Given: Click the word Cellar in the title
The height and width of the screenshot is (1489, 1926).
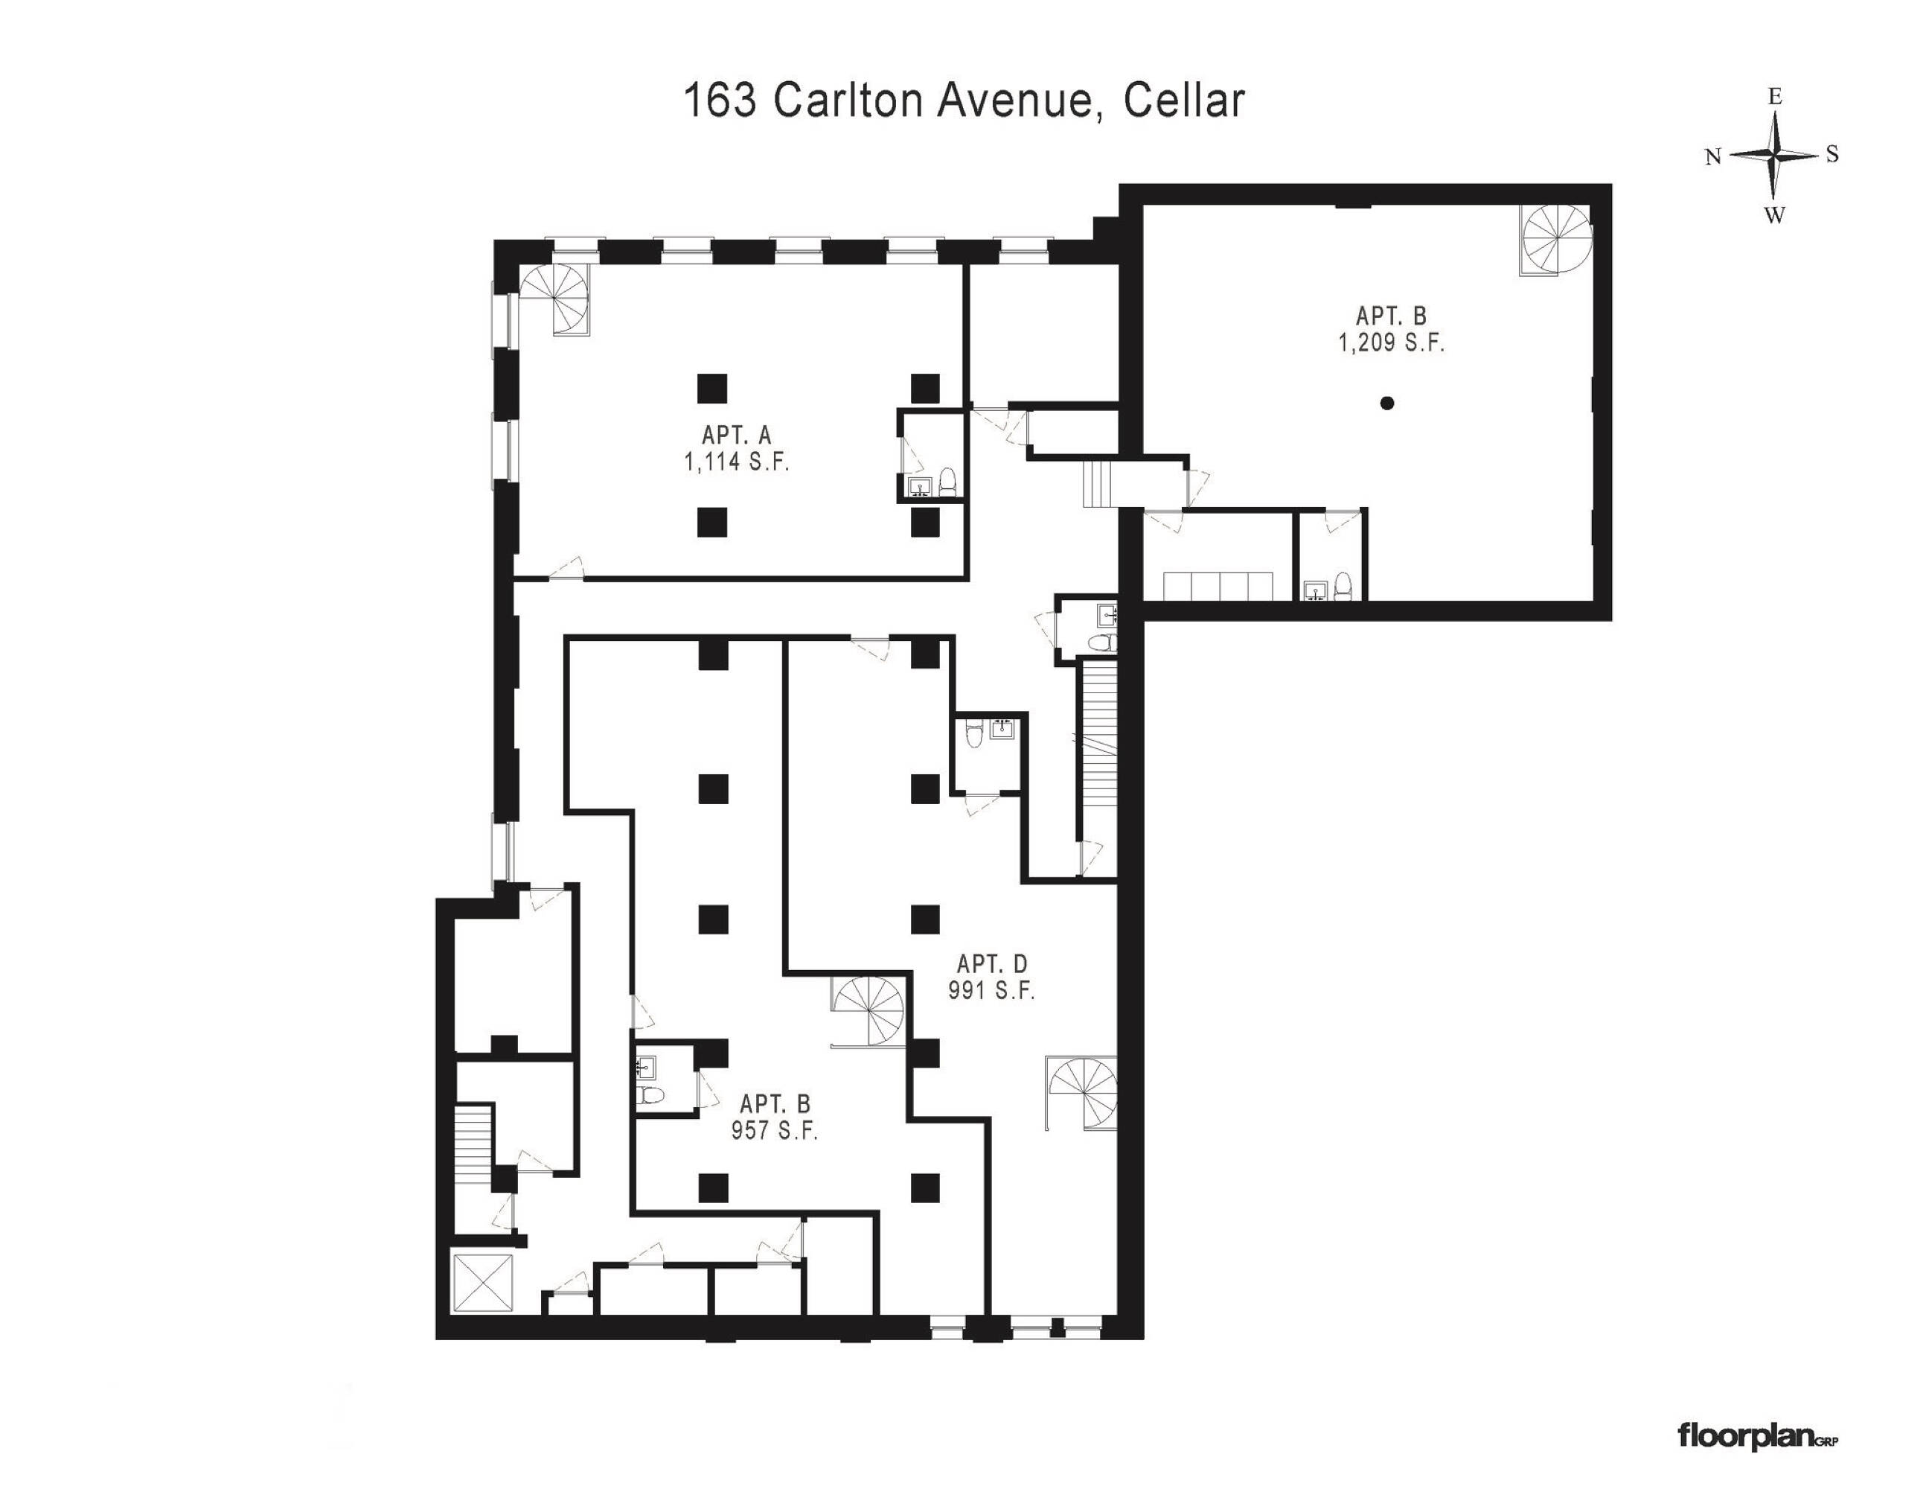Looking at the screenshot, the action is click(1183, 100).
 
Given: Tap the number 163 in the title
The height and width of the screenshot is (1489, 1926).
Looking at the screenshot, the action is click(720, 100).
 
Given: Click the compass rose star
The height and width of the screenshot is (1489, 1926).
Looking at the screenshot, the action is click(1773, 154).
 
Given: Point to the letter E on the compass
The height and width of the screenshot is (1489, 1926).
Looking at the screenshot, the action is click(1775, 97).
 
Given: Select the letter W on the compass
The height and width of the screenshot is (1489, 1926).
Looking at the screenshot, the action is click(1774, 214).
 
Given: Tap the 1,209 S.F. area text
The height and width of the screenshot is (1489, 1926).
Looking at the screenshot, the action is click(1392, 342).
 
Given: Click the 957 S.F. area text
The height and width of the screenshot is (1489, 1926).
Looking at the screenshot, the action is click(774, 1130).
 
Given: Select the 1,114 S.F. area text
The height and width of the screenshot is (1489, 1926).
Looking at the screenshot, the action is click(736, 462).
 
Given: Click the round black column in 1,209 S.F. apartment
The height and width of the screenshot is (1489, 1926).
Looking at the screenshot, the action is click(1387, 403).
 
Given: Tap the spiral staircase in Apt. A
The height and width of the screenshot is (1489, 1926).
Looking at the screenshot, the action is click(556, 300).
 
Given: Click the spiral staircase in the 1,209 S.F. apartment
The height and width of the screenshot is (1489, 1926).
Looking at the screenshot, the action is click(1556, 239).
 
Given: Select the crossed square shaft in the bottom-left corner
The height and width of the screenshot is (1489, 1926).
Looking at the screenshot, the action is click(481, 1283).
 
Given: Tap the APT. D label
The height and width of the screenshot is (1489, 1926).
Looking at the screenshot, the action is click(992, 963).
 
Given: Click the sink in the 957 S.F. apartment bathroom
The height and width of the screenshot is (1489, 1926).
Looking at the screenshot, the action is click(644, 1068).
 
